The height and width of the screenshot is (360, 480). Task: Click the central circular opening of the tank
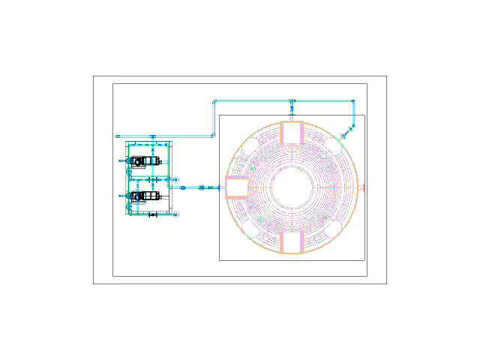click(x=292, y=187)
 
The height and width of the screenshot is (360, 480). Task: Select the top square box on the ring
click(x=292, y=133)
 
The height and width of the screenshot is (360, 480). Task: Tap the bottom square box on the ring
click(x=292, y=242)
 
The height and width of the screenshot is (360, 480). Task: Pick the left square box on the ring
click(x=237, y=187)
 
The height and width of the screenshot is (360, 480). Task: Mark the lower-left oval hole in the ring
click(x=251, y=229)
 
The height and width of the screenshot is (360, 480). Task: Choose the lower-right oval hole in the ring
click(x=333, y=229)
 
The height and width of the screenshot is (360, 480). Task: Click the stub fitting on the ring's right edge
click(x=361, y=187)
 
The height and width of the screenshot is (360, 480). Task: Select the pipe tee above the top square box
click(x=292, y=101)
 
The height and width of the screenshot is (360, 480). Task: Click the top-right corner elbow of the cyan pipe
click(x=353, y=101)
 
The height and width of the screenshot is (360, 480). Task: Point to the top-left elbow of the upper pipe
click(x=214, y=101)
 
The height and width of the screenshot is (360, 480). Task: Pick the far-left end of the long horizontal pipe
click(x=117, y=136)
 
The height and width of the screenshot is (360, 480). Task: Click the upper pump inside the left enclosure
click(x=139, y=160)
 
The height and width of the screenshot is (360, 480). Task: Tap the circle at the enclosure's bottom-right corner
click(x=176, y=214)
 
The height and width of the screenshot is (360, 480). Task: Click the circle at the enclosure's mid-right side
click(x=176, y=180)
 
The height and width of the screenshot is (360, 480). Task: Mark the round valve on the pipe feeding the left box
click(x=201, y=187)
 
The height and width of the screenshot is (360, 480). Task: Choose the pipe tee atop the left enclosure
click(x=153, y=137)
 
